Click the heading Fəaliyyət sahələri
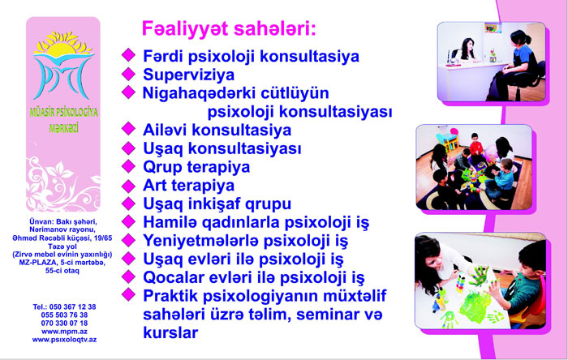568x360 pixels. click(229, 29)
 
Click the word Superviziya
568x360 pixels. click(189, 75)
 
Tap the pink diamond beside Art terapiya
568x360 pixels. click(128, 186)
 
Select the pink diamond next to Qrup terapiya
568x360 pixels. click(128, 166)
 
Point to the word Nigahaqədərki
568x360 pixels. click(199, 93)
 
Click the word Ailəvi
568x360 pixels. click(165, 130)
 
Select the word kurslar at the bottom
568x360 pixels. click(170, 332)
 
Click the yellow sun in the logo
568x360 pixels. click(63, 45)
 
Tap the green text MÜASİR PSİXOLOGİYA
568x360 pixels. click(64, 113)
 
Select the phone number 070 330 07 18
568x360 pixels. click(64, 323)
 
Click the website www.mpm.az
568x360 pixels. click(64, 332)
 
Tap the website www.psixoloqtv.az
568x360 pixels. click(64, 340)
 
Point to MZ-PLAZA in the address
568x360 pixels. click(38, 263)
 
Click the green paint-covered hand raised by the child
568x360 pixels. click(479, 276)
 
